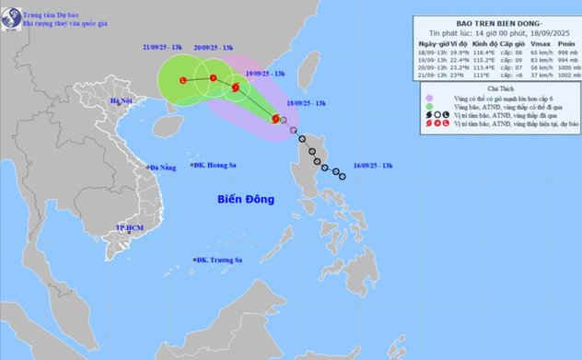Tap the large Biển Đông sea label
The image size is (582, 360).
(250, 198)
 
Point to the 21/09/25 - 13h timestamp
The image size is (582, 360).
(167, 44)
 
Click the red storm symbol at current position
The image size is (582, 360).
(275, 118)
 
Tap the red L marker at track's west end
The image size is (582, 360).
(182, 81)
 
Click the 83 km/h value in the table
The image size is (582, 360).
(515, 64)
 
